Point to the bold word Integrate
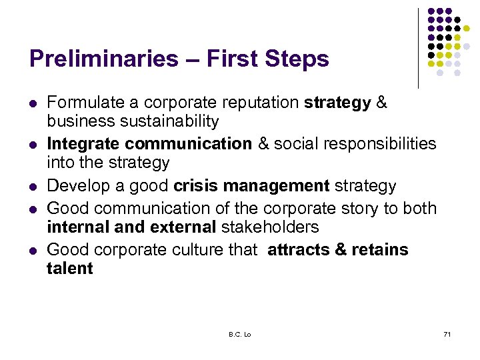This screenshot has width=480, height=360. tap(83, 144)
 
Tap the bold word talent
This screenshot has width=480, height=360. tap(70, 269)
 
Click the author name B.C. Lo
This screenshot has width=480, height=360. tap(240, 333)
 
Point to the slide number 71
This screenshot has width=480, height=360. tap(447, 333)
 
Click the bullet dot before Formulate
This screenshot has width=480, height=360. tap(33, 104)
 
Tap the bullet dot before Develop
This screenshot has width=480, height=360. tap(33, 187)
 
